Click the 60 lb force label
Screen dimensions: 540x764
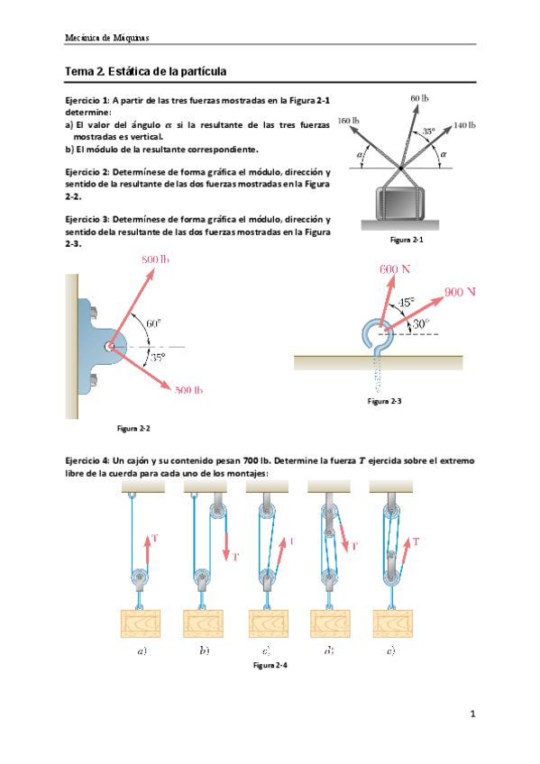(x=419, y=98)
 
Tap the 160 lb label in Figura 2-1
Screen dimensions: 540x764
(x=349, y=121)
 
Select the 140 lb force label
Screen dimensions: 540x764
(x=464, y=125)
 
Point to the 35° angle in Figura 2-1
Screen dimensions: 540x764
(x=428, y=131)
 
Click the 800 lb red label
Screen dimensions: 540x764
(x=155, y=259)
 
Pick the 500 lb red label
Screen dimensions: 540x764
(x=188, y=390)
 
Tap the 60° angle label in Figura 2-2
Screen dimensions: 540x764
(x=153, y=323)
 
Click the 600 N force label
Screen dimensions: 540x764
(x=395, y=269)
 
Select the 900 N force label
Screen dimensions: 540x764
(x=460, y=292)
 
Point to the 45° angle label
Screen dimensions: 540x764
(x=407, y=302)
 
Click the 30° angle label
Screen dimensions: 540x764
(x=421, y=323)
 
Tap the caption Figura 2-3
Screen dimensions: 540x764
(x=385, y=401)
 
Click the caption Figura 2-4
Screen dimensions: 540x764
(x=270, y=665)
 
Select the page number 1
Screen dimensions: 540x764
(x=472, y=714)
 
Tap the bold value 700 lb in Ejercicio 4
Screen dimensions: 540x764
(x=256, y=460)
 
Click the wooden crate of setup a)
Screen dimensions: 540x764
(x=141, y=623)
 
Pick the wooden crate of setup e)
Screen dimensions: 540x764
(x=393, y=623)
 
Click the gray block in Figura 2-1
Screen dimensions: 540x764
(x=399, y=203)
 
